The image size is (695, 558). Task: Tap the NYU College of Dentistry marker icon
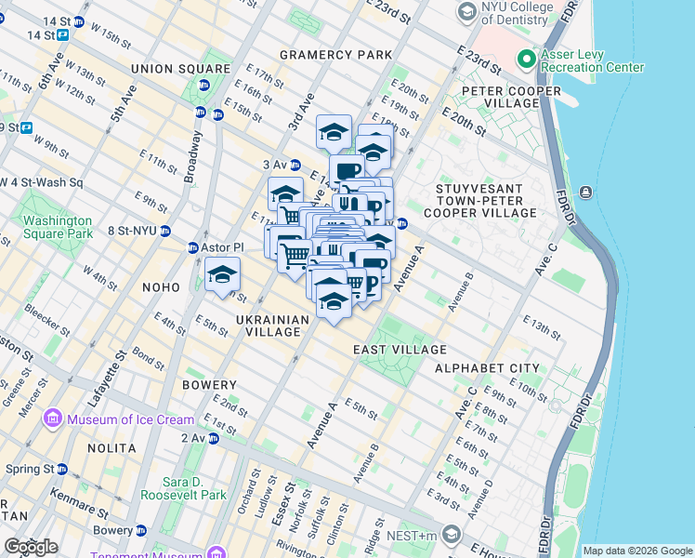pyautogui.click(x=466, y=12)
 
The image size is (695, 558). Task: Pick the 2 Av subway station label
pyautogui.click(x=193, y=438)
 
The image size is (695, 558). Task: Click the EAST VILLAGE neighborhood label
pyautogui.click(x=400, y=350)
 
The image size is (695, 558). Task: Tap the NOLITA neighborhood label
pyautogui.click(x=111, y=448)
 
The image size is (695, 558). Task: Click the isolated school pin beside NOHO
pyautogui.click(x=223, y=274)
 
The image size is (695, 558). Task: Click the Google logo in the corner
pyautogui.click(x=31, y=547)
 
